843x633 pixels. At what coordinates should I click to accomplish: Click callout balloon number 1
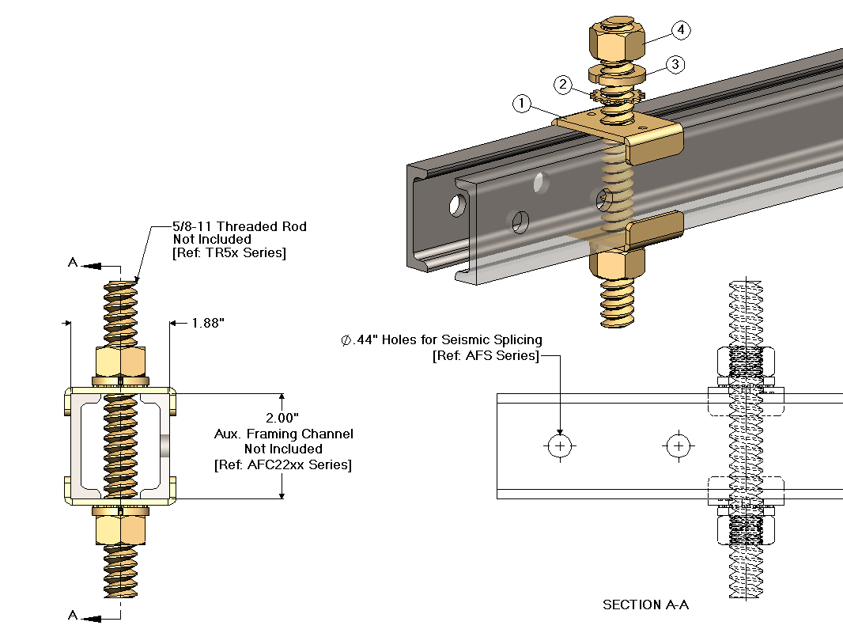[x=520, y=103]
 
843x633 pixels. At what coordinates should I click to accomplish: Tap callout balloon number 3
[x=674, y=65]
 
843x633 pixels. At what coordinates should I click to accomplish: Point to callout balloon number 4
[x=681, y=31]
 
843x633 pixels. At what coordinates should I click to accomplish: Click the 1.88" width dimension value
[x=208, y=323]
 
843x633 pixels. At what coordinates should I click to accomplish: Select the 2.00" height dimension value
[x=282, y=418]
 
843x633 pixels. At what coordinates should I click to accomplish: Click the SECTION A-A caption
[x=645, y=605]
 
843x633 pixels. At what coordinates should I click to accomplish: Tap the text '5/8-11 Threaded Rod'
[x=240, y=226]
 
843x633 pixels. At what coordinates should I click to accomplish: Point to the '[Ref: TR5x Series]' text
[x=229, y=253]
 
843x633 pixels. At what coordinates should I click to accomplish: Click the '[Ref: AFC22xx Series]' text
[x=282, y=464]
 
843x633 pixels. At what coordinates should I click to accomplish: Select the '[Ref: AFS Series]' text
[x=486, y=356]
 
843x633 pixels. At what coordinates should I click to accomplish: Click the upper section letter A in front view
[x=73, y=263]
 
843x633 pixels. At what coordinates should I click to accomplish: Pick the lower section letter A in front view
[x=73, y=616]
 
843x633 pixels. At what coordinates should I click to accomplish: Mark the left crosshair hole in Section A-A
[x=561, y=446]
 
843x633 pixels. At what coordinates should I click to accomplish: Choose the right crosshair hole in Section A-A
[x=678, y=446]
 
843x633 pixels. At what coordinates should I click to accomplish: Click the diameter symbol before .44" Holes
[x=346, y=340]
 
